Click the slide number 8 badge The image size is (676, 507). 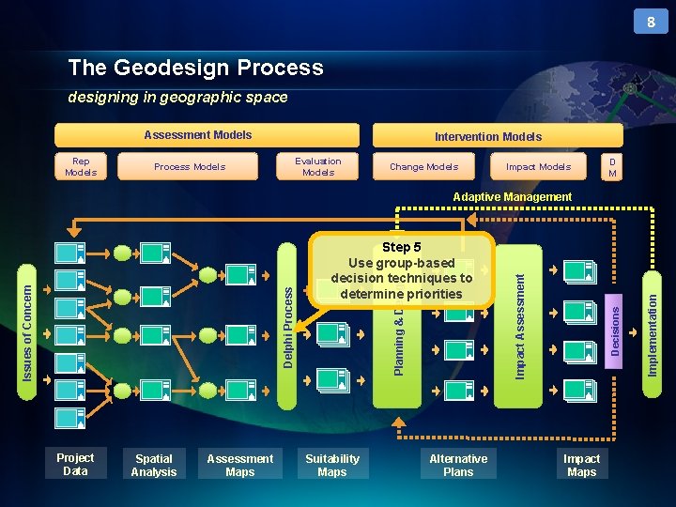pos(650,21)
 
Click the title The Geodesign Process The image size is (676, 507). pos(195,68)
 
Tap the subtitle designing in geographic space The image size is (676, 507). pos(177,97)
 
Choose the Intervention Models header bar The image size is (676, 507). pos(487,136)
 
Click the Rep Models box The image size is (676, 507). pos(81,166)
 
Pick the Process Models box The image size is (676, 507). pos(190,166)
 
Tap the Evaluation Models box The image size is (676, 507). pos(318,166)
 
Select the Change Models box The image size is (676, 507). pos(423,166)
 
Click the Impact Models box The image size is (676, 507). pos(538,166)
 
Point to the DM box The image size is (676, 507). pos(612,166)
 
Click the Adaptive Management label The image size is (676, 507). pos(512,197)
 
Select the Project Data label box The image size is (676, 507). pos(75,464)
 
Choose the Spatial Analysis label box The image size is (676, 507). pos(154,466)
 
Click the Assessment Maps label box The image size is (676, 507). pos(240,466)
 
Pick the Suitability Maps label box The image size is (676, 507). pos(332,466)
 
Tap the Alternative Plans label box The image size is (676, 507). pos(458,466)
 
